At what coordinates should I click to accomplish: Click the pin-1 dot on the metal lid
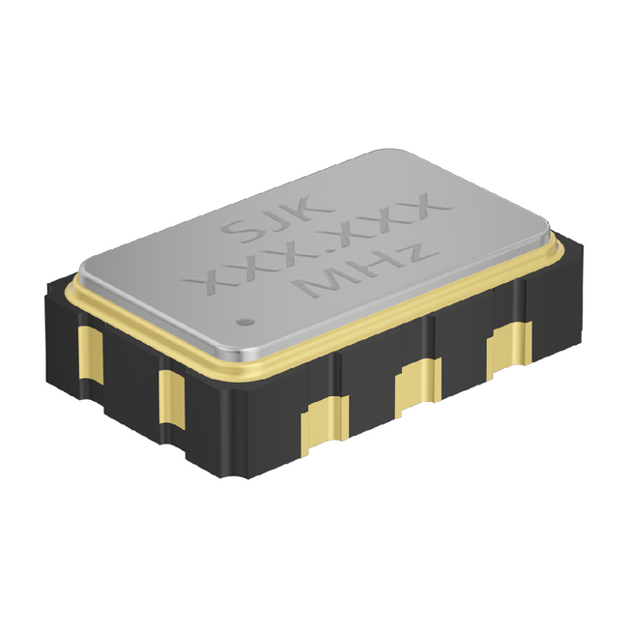point(245,321)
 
